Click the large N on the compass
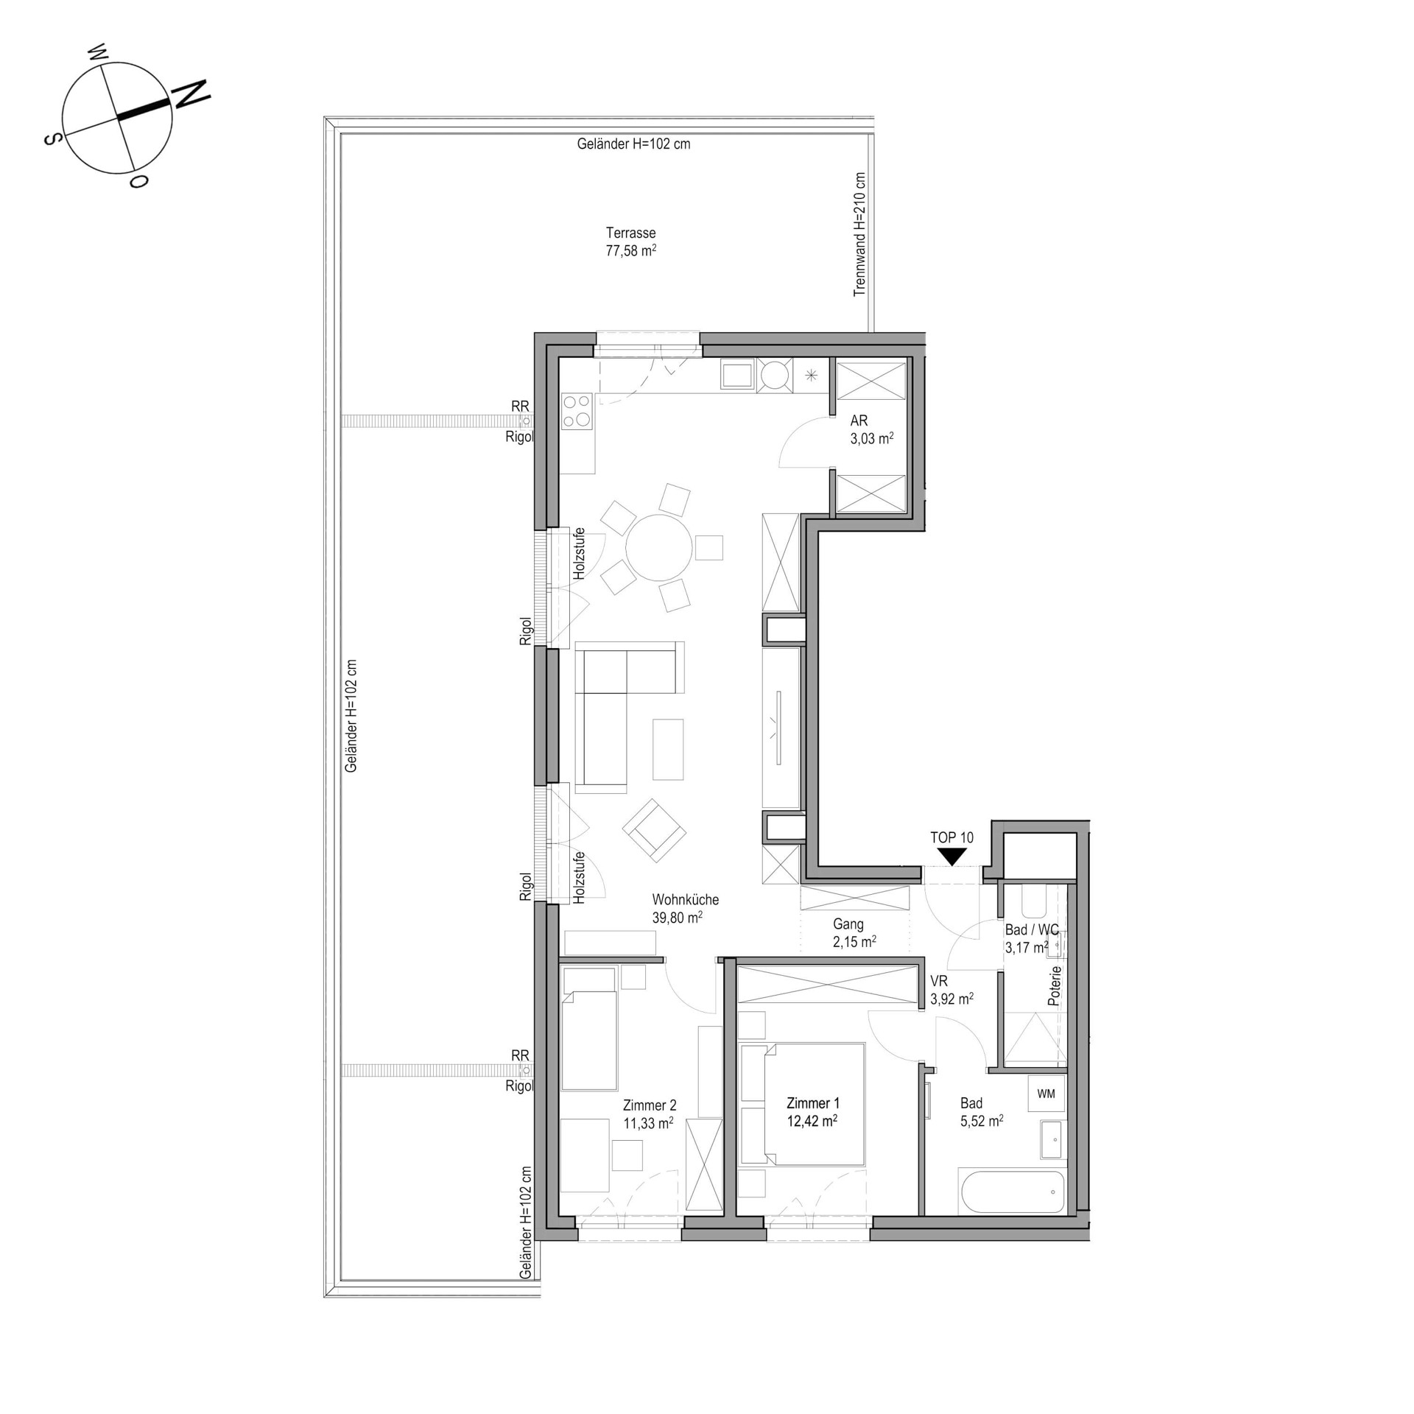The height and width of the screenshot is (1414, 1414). click(191, 94)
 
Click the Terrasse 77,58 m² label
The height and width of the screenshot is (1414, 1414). click(631, 242)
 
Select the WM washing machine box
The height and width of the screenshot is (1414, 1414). click(1046, 1094)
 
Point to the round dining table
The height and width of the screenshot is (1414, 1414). click(659, 548)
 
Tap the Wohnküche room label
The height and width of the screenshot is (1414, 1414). click(685, 899)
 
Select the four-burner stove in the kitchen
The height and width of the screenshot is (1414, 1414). click(577, 411)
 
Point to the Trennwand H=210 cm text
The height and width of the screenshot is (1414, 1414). click(859, 234)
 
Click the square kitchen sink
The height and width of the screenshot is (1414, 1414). click(737, 375)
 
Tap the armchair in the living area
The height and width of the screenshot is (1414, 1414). click(655, 830)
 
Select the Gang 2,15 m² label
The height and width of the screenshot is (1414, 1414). click(854, 932)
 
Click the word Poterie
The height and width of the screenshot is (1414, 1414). click(1055, 985)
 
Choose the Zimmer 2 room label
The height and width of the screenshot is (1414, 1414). click(649, 1105)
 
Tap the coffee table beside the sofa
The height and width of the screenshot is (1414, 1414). click(668, 749)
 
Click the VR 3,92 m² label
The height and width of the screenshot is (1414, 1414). click(952, 990)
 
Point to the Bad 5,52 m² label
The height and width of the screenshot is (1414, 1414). click(981, 1112)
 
